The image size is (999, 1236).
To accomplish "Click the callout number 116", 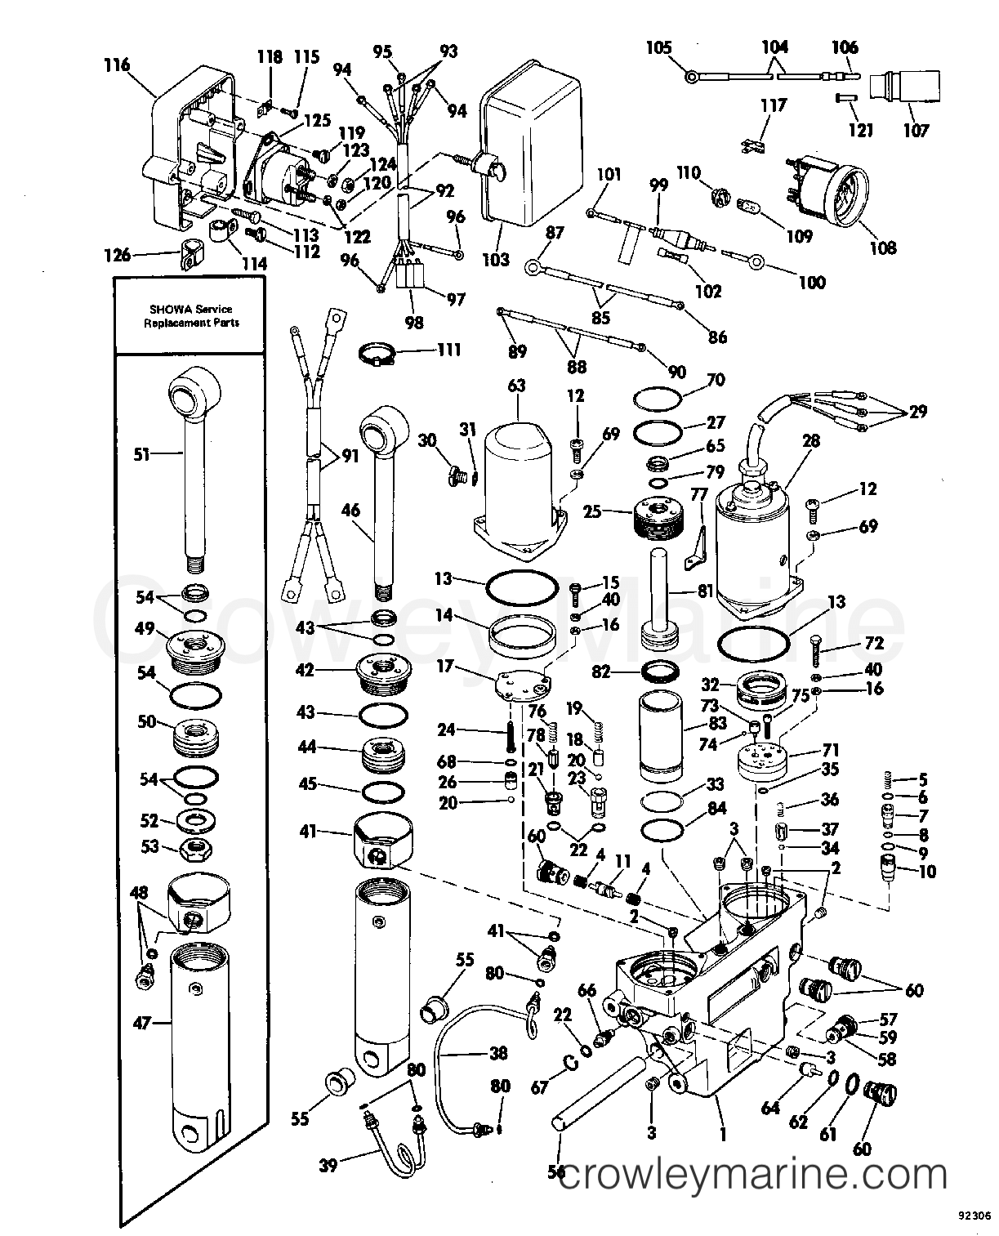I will pos(117,64).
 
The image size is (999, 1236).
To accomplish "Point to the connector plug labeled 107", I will pos(899,88).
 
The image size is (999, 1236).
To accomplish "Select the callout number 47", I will pos(142,1021).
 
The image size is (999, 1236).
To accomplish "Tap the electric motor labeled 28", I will pos(756,547).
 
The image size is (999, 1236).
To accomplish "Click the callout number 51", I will pos(142,454).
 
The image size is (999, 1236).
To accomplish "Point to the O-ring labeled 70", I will pos(658,399).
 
